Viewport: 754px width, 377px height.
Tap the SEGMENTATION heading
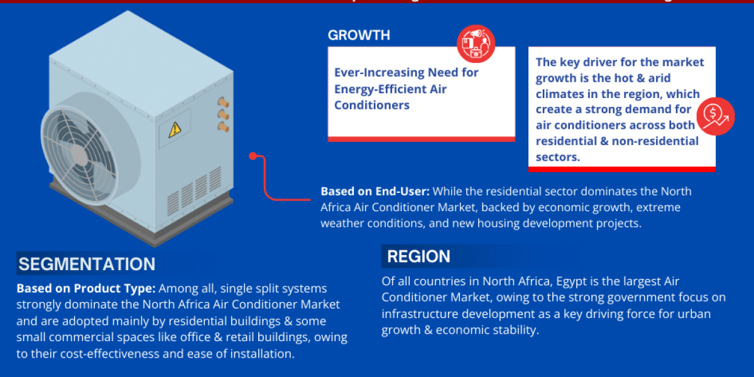coord(87,264)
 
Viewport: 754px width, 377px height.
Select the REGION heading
coord(418,256)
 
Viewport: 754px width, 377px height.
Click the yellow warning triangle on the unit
coord(174,130)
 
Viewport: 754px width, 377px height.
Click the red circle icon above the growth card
coord(476,44)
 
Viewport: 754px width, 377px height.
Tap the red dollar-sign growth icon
coord(715,116)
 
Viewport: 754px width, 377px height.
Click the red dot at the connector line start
coord(253,155)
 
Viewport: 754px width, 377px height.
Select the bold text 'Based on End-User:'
coord(375,191)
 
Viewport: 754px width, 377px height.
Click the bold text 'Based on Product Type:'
coord(86,288)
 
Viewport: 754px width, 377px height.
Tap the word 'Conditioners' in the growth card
coord(372,105)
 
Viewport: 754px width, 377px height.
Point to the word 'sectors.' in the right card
coord(557,157)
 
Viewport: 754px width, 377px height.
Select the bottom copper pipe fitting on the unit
coord(222,126)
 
